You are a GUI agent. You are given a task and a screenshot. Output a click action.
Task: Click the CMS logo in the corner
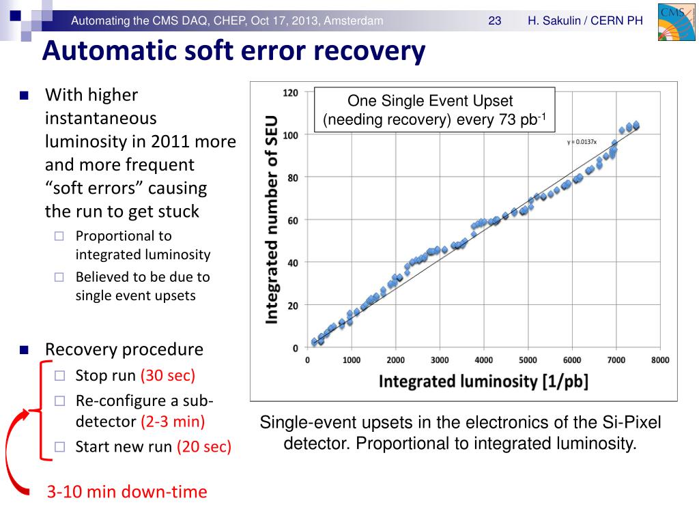(x=675, y=21)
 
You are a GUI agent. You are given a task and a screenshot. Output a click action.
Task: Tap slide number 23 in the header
(x=495, y=21)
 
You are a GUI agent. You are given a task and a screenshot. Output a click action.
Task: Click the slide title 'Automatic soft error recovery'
(x=233, y=51)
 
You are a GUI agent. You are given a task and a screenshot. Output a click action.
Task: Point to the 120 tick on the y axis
(x=290, y=93)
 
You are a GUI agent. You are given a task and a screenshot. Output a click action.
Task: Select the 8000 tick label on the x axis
(x=659, y=360)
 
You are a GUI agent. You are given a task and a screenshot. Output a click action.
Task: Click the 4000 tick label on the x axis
(x=483, y=360)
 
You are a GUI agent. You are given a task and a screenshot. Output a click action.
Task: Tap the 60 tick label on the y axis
(x=292, y=220)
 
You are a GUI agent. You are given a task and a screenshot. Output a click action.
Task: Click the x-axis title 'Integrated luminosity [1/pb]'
(x=483, y=381)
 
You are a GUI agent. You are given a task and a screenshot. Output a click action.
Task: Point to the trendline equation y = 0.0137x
(x=582, y=142)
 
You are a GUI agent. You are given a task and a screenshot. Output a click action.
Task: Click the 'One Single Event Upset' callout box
(x=434, y=110)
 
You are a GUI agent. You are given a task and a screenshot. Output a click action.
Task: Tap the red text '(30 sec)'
(x=168, y=375)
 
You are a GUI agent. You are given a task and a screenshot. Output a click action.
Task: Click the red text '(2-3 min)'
(x=173, y=421)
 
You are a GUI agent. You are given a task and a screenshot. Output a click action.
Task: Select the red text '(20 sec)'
(x=204, y=447)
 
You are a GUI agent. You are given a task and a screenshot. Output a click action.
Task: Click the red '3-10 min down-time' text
(x=127, y=491)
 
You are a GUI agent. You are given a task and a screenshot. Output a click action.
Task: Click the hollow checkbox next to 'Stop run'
(x=59, y=375)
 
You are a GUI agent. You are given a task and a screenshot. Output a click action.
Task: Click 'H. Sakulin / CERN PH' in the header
(x=585, y=21)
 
